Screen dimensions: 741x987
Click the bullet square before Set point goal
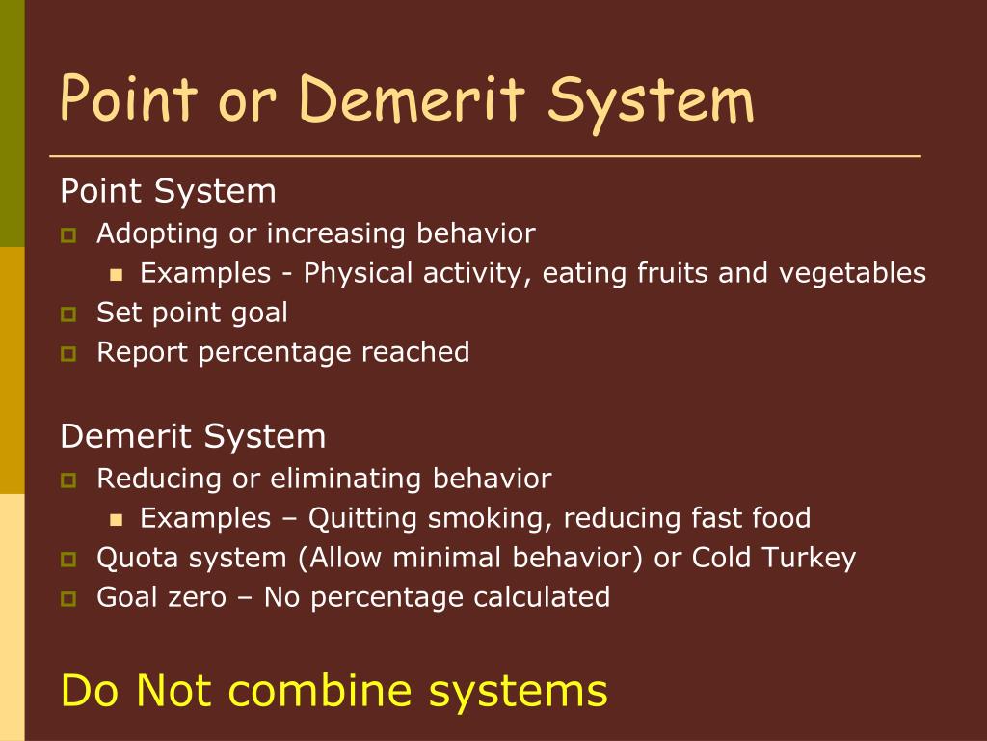[68, 314]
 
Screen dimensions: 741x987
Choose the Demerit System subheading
[193, 436]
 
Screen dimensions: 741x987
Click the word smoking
[489, 518]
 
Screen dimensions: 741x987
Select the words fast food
[751, 518]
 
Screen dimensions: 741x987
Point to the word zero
[201, 597]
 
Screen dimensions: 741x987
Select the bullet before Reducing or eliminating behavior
[68, 480]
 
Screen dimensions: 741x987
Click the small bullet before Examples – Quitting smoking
[117, 519]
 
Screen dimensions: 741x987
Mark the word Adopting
[158, 233]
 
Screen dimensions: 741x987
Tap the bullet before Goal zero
[68, 598]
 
